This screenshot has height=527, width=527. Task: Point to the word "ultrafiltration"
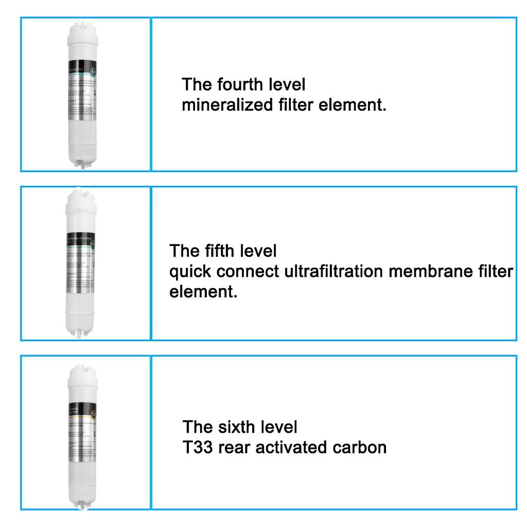[335, 271]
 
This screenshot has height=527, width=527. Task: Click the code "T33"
[198, 447]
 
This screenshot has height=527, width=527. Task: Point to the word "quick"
[190, 271]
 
